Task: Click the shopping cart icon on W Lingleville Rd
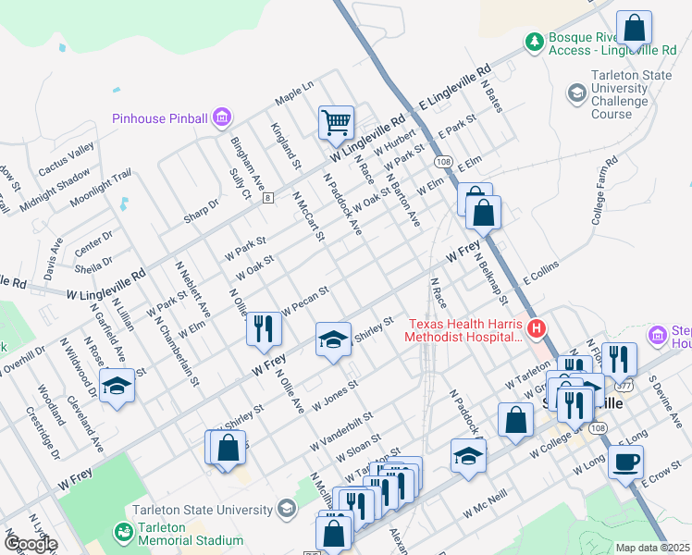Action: pyautogui.click(x=336, y=123)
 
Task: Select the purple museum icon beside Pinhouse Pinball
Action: pyautogui.click(x=222, y=117)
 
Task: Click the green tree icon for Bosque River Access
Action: pyautogui.click(x=534, y=42)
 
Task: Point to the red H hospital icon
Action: pyautogui.click(x=536, y=328)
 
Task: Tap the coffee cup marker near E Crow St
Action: pyautogui.click(x=625, y=462)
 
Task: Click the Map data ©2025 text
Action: pyautogui.click(x=652, y=548)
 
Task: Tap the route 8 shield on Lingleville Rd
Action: pyautogui.click(x=268, y=198)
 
